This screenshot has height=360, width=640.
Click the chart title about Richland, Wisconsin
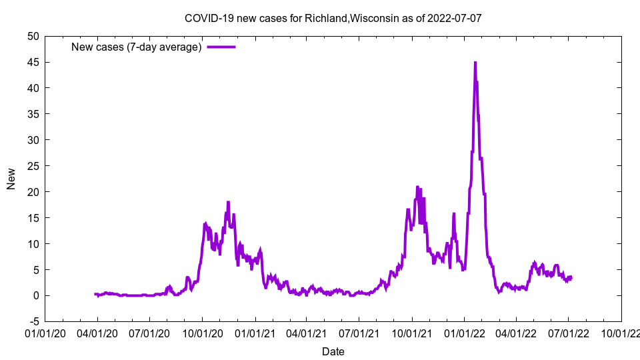[x=333, y=18]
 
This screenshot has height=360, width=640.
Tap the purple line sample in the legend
[x=221, y=47]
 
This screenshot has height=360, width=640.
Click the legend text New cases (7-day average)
[x=137, y=47]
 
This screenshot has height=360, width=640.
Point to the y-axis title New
[x=11, y=179]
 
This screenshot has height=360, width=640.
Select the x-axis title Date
[x=333, y=351]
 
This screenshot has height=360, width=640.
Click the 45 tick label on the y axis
[x=33, y=62]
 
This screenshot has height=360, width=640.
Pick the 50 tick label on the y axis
[x=33, y=36]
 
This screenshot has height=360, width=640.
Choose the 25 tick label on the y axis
[x=33, y=166]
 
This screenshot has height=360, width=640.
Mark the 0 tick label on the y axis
[x=35, y=296]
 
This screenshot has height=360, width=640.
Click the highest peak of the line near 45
[x=475, y=63]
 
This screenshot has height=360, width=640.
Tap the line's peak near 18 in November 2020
[x=228, y=202]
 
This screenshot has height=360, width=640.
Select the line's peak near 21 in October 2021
[x=417, y=187]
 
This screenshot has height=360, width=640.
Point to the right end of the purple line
[x=571, y=277]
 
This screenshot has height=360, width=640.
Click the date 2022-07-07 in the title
[x=456, y=18]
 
